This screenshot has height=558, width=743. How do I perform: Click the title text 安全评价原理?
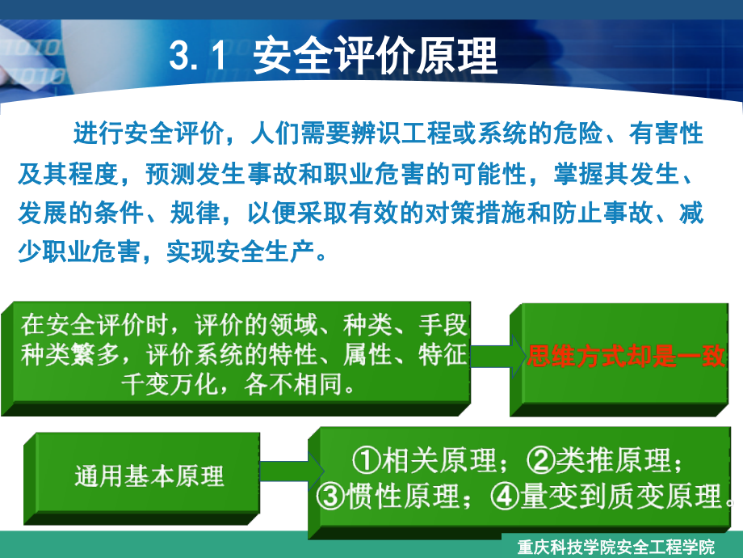pos(376,57)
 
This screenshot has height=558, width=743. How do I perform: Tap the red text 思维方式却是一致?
pos(627,356)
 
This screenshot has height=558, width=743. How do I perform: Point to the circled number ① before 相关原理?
pos(367,461)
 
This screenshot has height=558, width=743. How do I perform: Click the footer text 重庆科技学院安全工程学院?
pos(616,547)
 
